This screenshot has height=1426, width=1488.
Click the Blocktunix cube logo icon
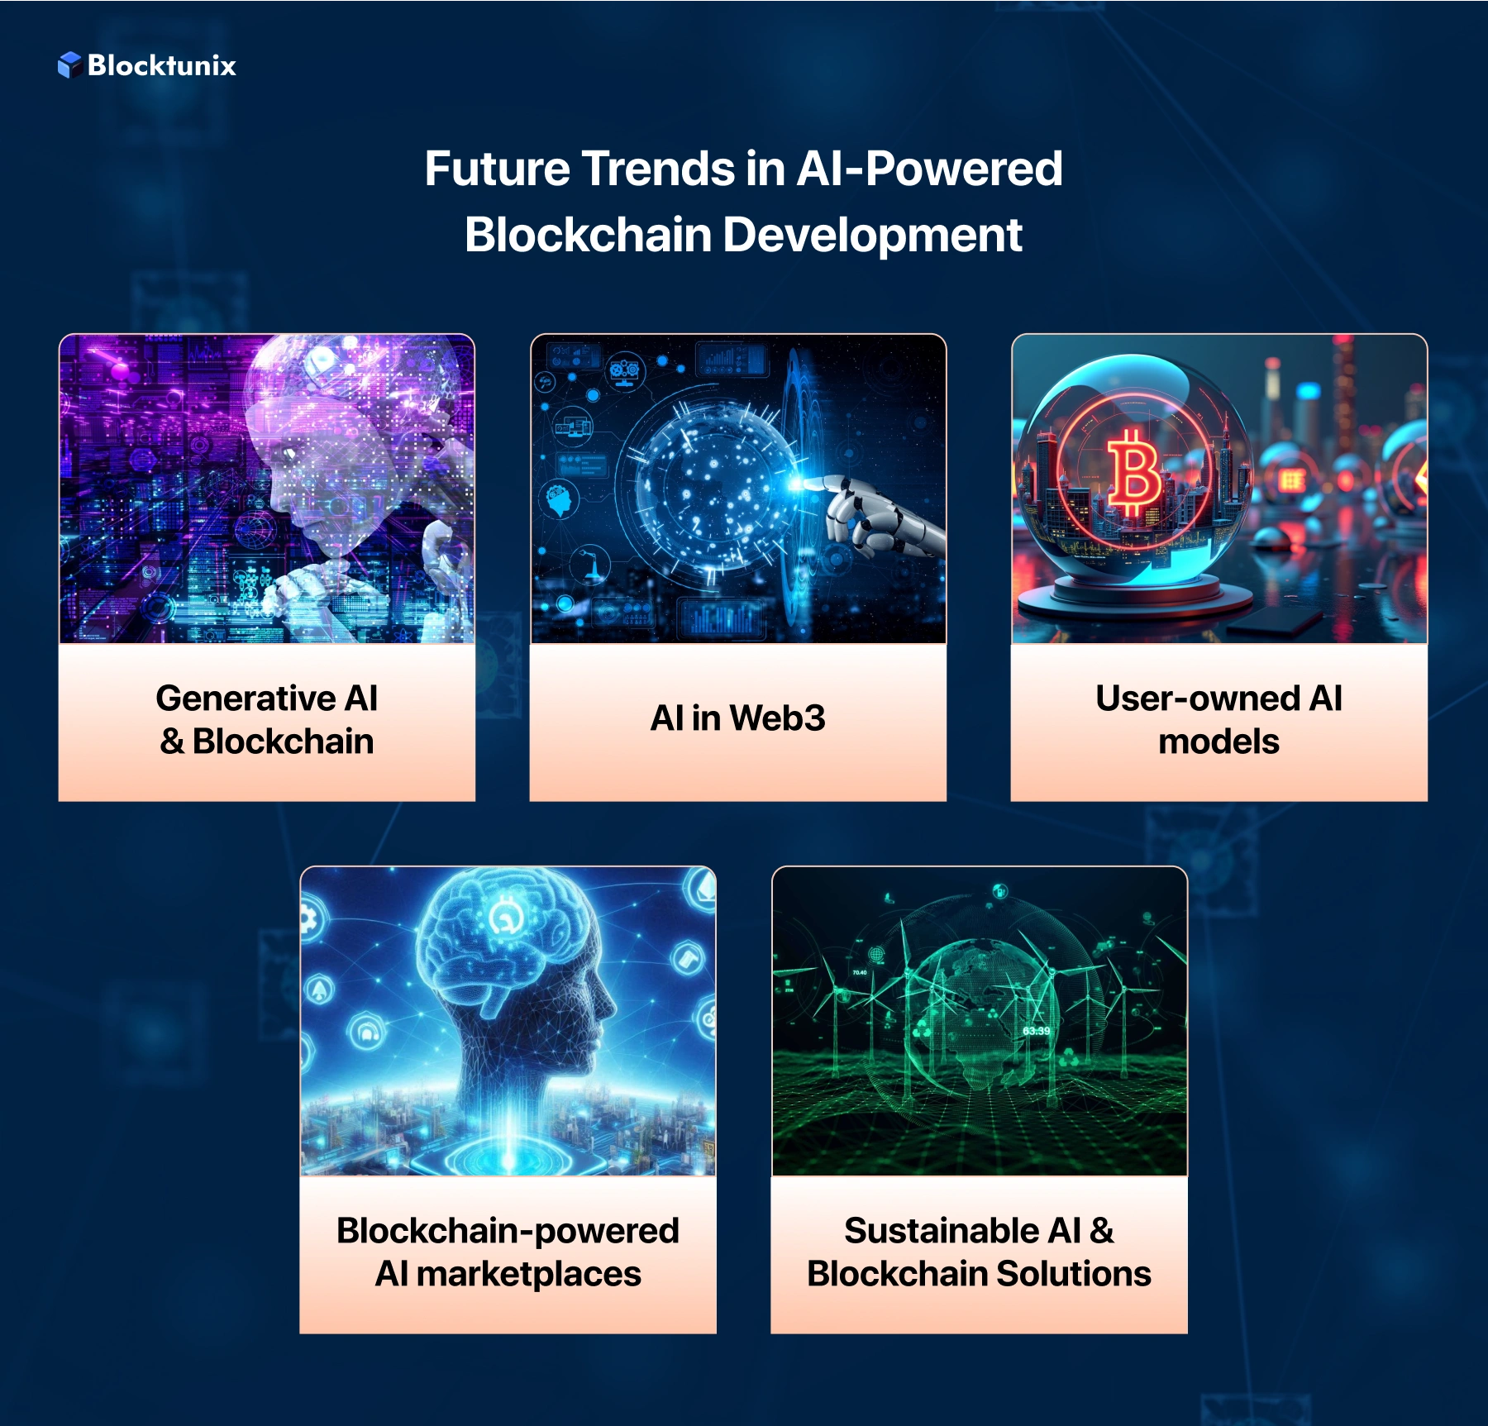click(69, 64)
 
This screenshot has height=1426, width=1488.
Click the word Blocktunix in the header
click(162, 65)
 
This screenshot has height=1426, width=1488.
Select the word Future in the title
click(497, 169)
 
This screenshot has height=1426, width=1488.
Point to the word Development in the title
click(872, 235)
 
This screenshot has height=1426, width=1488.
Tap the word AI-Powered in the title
click(929, 169)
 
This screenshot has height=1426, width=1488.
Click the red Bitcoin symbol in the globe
click(1133, 473)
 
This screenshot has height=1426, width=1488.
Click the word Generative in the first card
click(246, 699)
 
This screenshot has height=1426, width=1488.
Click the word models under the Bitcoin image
click(1219, 742)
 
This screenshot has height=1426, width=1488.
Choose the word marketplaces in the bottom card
click(528, 1274)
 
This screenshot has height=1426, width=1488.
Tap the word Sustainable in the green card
click(942, 1231)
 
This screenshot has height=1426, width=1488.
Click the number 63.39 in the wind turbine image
click(1036, 1031)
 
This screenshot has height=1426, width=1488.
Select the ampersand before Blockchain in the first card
click(172, 742)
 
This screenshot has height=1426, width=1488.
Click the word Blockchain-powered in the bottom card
click(508, 1231)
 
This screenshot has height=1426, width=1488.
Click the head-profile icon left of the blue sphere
click(560, 500)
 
